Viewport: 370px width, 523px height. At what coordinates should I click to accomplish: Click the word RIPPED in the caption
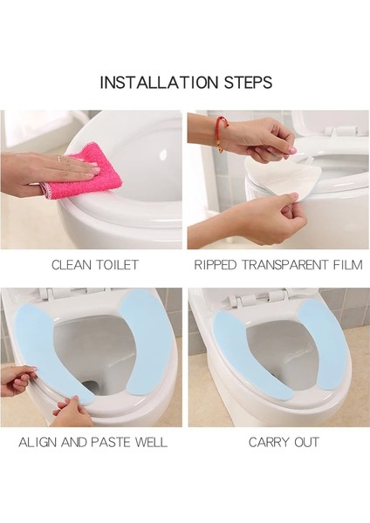click(x=215, y=264)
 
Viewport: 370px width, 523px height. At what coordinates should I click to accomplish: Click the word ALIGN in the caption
click(x=39, y=442)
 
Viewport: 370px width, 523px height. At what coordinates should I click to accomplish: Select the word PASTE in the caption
click(x=112, y=442)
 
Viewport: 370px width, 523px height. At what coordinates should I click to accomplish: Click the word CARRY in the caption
click(x=267, y=442)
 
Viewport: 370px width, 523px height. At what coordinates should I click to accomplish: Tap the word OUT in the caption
click(x=305, y=442)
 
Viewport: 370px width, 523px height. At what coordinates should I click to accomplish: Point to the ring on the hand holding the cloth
click(x=59, y=159)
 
